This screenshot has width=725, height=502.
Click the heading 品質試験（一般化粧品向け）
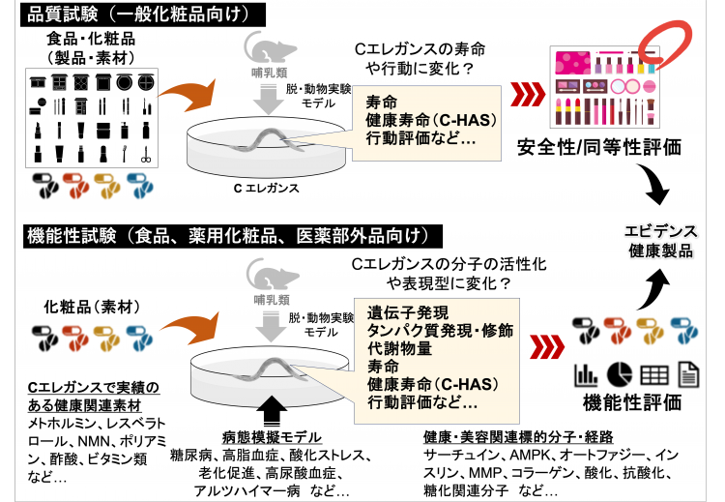pyautogui.click(x=134, y=14)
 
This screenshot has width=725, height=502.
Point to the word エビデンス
pyautogui.click(x=662, y=230)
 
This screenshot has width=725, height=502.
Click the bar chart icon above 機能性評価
pyautogui.click(x=585, y=373)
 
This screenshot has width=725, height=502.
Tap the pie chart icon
pyautogui.click(x=619, y=373)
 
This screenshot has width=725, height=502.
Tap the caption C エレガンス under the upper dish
pyautogui.click(x=266, y=188)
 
